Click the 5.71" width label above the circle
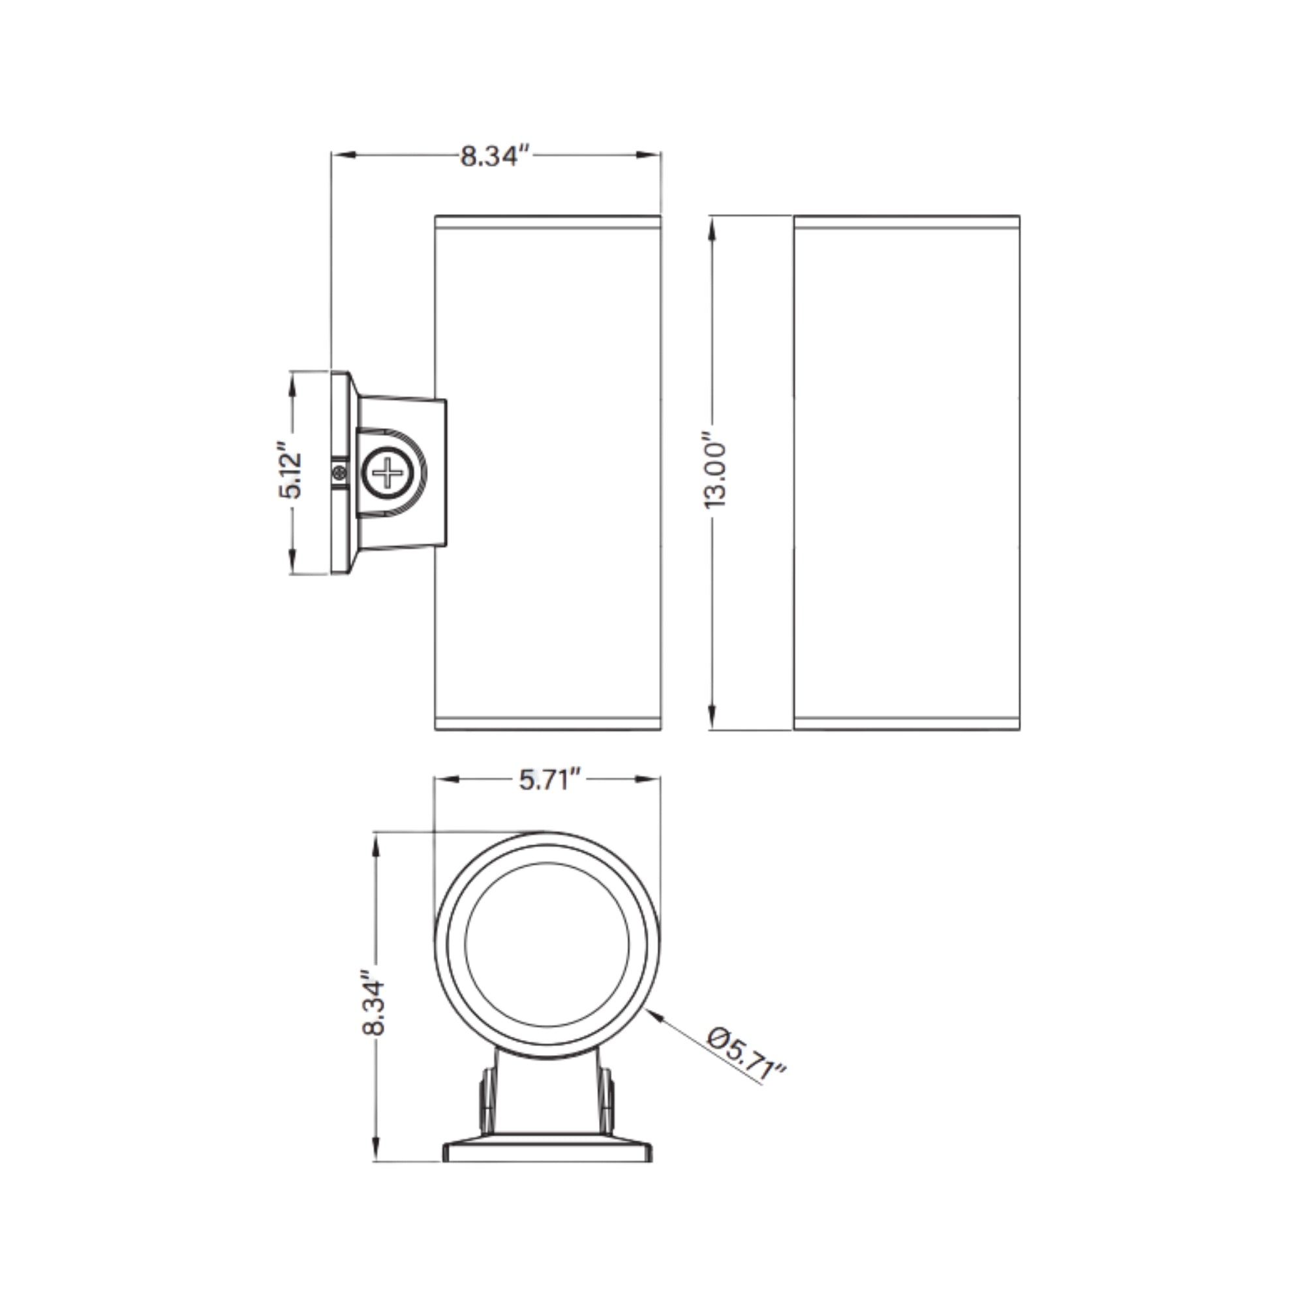tap(550, 781)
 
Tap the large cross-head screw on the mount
tap(387, 472)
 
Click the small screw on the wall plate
tap(340, 473)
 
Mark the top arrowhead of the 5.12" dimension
tap(292, 382)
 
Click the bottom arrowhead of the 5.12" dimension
tap(292, 561)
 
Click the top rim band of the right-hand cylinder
tap(906, 223)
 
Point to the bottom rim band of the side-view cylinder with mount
tap(547, 723)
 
